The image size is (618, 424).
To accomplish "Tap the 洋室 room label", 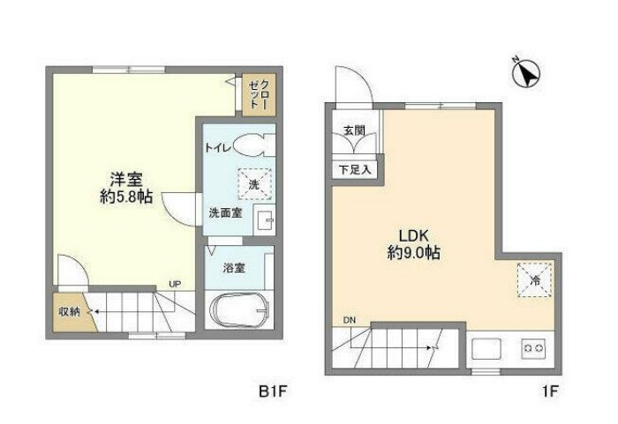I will [123, 176].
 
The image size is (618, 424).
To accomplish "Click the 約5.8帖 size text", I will [126, 197].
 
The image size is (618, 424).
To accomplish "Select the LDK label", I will [412, 236].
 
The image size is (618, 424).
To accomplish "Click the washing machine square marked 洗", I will [254, 185].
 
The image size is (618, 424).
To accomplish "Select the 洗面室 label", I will [225, 212].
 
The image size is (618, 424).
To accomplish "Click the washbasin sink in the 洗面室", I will [263, 220].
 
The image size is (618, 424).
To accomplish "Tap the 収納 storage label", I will [70, 311].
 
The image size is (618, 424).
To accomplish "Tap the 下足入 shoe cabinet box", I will [356, 168].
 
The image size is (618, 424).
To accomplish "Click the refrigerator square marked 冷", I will [534, 279].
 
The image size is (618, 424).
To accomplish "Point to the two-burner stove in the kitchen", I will [533, 347].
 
